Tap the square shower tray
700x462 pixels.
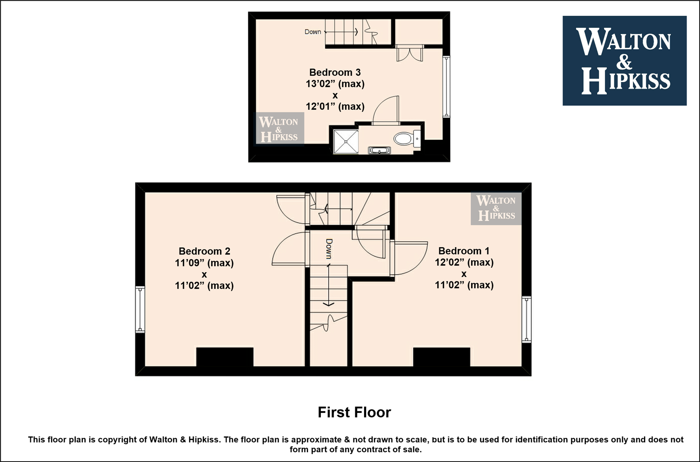point(346,142)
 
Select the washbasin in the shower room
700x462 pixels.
point(380,150)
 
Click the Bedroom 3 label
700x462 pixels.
point(335,72)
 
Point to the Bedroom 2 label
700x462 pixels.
point(205,251)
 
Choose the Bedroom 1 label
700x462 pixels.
point(464,251)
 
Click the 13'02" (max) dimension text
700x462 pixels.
point(335,84)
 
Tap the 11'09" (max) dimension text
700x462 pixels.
point(205,263)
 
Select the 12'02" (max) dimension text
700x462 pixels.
point(464,262)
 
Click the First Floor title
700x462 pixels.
point(354,412)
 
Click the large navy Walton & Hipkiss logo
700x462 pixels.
point(625,61)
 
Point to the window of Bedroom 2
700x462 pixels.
point(140,309)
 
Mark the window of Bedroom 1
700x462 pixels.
point(527,320)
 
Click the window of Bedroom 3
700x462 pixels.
point(447,87)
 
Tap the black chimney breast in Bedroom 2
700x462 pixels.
point(225,357)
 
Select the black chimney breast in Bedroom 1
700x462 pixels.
point(442,357)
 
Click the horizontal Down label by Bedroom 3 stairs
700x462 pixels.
point(313,32)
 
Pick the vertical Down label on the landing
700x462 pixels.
point(329,249)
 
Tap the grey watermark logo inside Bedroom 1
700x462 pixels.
point(496,208)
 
